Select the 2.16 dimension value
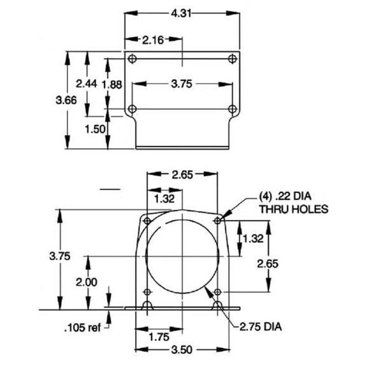154,40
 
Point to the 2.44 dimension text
86,83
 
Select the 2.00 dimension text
86,282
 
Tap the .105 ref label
82,328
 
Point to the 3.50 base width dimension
182,350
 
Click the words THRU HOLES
293,208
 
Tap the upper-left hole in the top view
133,59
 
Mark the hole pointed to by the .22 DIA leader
218,221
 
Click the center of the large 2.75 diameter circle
182,256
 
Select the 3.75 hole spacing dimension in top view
182,83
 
